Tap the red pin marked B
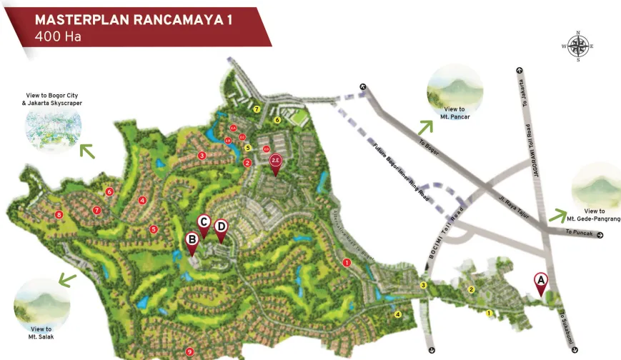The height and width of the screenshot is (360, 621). tap(192, 241)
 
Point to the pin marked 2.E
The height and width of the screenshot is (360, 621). tap(276, 163)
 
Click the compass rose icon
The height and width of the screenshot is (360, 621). tap(577, 46)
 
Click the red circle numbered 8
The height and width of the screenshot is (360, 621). tap(59, 214)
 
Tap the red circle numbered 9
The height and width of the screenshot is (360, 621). tap(189, 351)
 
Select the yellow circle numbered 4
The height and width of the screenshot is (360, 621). tap(398, 314)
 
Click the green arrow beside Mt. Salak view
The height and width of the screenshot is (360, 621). tap(67, 279)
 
